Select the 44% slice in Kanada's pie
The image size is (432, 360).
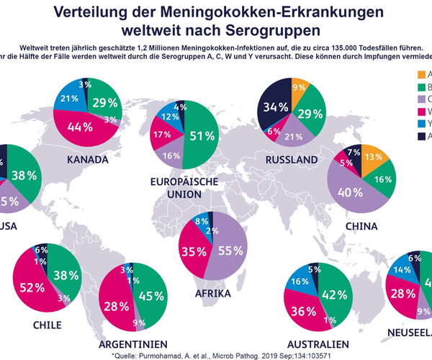pyautogui.click(x=79, y=127)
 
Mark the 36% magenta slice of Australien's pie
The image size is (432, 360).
pyautogui.click(x=304, y=311)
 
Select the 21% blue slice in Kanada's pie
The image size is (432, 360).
pyautogui.click(x=71, y=99)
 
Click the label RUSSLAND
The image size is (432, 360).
pyautogui.click(x=292, y=158)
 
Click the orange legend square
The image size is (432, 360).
pyautogui.click(x=423, y=74)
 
